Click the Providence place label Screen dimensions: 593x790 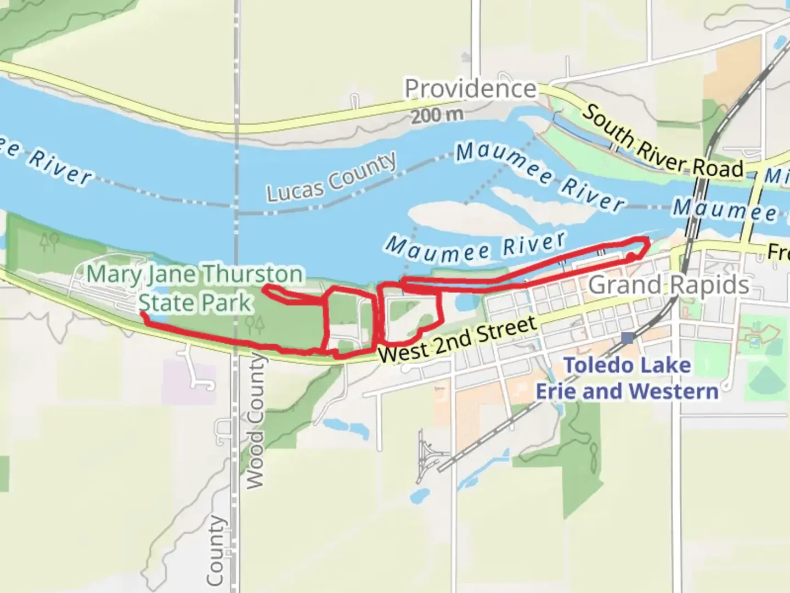tap(470, 89)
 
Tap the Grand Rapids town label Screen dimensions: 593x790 tap(668, 285)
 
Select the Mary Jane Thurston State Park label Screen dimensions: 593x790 tap(195, 288)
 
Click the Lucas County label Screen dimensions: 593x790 tap(331, 177)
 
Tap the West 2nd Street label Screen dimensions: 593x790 tap(456, 339)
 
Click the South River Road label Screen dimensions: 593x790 tap(662, 141)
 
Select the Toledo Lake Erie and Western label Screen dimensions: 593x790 tap(627, 378)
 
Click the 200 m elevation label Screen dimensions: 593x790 tap(437, 115)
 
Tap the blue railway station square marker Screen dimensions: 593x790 tap(627, 338)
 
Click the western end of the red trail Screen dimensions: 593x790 tap(142, 313)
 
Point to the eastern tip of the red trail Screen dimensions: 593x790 tap(648, 240)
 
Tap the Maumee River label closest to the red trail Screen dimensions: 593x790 tap(475, 248)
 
